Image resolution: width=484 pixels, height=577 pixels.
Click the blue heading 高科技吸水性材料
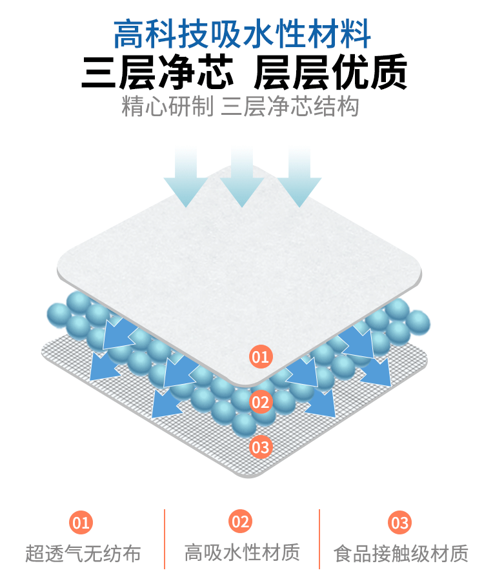(x=242, y=34)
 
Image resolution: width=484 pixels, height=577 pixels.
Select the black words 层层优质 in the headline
(x=330, y=73)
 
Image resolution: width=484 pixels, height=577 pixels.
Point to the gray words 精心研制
(x=167, y=106)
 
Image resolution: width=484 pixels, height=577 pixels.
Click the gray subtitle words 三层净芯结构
(x=290, y=106)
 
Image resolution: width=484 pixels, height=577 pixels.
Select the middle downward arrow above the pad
(x=242, y=176)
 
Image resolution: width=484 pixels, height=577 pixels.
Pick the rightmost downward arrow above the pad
(x=299, y=176)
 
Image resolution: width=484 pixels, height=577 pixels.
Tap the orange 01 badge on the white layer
(x=261, y=356)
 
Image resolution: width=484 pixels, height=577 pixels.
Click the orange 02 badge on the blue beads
(x=261, y=402)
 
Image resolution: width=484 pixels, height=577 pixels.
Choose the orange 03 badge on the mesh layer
(x=261, y=446)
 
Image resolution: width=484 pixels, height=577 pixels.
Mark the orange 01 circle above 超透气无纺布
(x=82, y=522)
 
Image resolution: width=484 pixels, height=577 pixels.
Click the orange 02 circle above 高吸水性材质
(x=241, y=521)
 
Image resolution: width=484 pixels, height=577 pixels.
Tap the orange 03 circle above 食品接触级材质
(x=400, y=522)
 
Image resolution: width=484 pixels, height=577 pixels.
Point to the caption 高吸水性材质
(x=242, y=552)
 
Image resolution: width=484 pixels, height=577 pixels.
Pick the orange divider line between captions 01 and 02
(x=165, y=539)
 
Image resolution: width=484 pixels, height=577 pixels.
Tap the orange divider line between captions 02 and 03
(x=319, y=539)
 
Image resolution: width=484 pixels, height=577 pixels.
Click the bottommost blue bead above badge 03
(x=244, y=424)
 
